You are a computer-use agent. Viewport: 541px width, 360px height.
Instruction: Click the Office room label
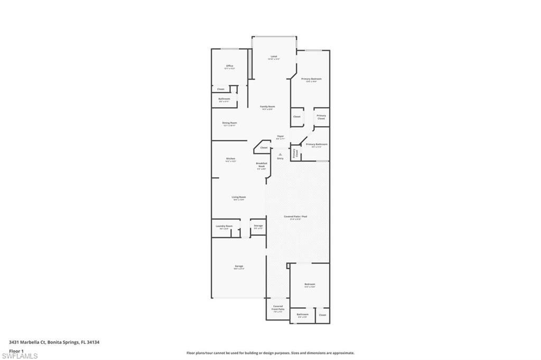[229, 66]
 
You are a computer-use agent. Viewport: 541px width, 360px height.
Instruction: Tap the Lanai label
[274, 56]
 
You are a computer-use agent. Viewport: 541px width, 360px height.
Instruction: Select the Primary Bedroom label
[311, 79]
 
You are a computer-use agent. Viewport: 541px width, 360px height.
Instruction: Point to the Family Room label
[267, 107]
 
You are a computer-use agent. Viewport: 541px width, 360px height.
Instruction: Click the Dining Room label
[229, 123]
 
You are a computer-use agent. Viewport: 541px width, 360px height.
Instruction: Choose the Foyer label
[281, 136]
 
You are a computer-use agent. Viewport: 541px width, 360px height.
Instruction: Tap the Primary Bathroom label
[316, 144]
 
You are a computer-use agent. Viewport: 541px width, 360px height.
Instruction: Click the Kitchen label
[231, 159]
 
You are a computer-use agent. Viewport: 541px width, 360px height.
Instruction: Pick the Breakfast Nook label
[262, 165]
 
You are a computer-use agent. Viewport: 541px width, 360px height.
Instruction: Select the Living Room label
[239, 197]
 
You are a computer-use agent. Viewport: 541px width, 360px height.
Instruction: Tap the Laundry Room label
[224, 226]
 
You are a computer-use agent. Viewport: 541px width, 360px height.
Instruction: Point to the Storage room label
[258, 226]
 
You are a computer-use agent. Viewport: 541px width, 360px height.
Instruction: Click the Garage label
[239, 266]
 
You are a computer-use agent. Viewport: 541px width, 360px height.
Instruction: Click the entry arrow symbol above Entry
[281, 154]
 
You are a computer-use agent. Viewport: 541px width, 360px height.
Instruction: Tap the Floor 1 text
[16, 350]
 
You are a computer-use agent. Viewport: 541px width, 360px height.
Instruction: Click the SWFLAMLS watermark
[20, 356]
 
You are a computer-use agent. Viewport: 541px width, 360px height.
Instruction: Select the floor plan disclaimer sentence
[270, 353]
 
